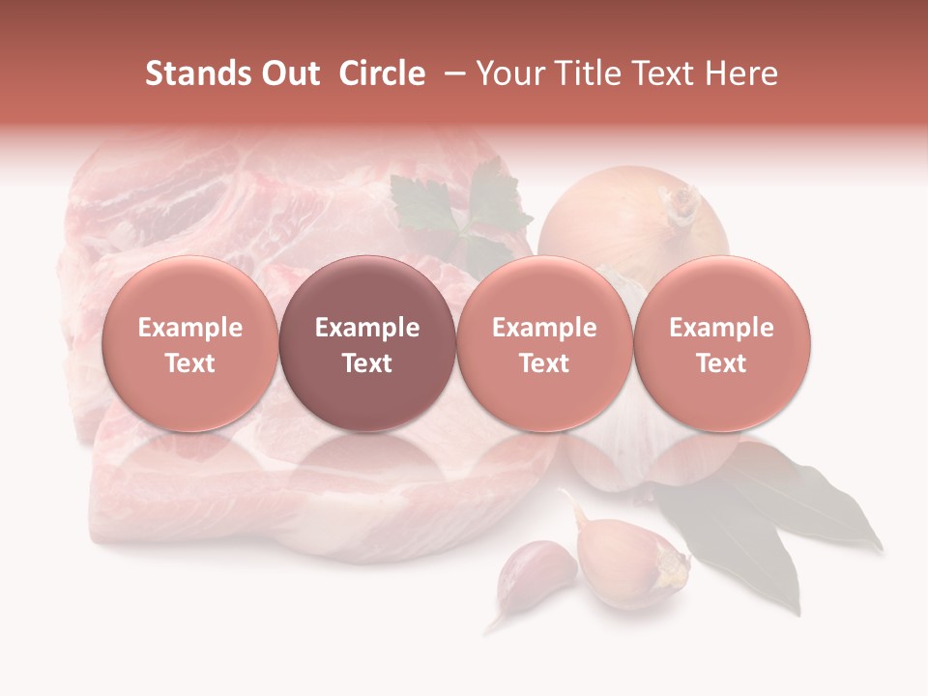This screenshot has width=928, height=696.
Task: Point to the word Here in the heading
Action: [740, 73]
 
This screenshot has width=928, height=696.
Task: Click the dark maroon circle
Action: [367, 344]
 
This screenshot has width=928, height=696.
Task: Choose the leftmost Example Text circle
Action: [189, 344]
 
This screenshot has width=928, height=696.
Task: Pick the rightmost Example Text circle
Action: [722, 344]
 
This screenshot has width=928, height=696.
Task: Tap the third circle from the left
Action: [544, 344]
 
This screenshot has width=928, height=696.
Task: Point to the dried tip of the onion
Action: [682, 201]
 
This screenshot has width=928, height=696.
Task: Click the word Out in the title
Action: [289, 73]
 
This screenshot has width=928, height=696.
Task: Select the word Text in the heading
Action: [671, 73]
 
